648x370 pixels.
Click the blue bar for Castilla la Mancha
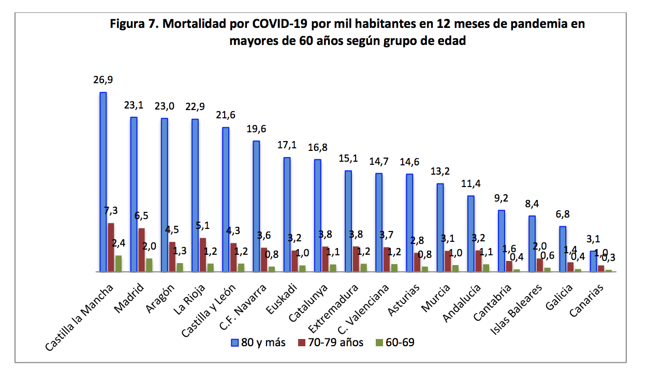click(103, 181)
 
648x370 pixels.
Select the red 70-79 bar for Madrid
click(141, 250)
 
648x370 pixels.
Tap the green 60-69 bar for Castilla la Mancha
click(119, 263)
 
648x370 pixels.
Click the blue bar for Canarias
click(593, 261)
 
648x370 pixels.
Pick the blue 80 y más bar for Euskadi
click(287, 214)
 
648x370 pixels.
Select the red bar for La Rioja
click(203, 254)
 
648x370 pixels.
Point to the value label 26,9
click(102, 80)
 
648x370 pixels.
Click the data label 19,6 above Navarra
click(256, 128)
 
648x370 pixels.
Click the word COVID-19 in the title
click(280, 24)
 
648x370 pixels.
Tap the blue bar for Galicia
click(563, 249)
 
